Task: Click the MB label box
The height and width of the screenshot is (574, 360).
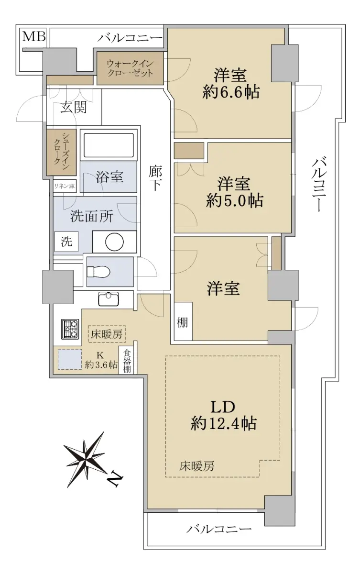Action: pos(34,37)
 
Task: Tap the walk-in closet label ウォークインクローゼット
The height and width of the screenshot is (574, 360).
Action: pos(130,68)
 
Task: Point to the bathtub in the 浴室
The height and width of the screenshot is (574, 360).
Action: pos(109,145)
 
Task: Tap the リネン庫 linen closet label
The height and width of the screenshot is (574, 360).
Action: pos(64,186)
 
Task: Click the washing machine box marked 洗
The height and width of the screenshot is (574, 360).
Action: pos(66,242)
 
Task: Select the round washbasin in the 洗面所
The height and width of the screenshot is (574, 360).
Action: pos(114,242)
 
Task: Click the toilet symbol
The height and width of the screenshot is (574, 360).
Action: pos(98,271)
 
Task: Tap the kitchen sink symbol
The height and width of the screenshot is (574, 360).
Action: pos(109,299)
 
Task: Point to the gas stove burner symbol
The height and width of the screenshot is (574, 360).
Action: pos(70,329)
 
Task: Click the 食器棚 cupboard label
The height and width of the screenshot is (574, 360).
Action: pos(127,361)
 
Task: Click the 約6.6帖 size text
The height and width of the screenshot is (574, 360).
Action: pos(231,92)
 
